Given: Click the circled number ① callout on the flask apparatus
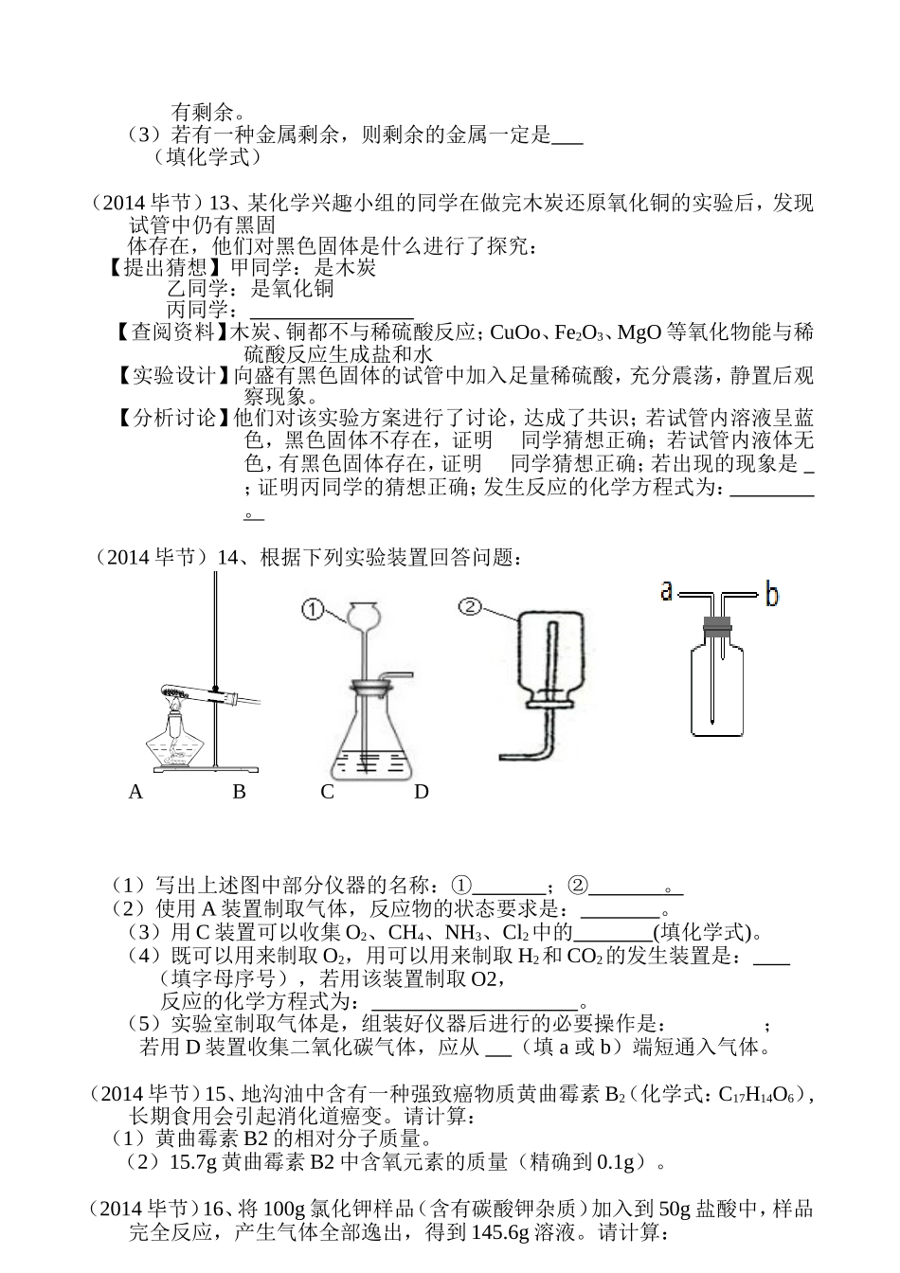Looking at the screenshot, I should tap(314, 609).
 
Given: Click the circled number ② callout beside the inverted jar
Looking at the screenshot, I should tap(471, 606).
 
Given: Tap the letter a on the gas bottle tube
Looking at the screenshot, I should tap(666, 592).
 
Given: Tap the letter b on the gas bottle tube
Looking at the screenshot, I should tap(772, 595).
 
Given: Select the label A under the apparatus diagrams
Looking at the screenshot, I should tap(135, 792).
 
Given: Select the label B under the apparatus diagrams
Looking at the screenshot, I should tap(239, 792).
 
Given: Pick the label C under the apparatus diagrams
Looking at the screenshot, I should tap(327, 792).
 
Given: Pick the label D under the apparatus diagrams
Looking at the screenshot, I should tap(422, 792).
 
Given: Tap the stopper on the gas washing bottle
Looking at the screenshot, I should tap(720, 624).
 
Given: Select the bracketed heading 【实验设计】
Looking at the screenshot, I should tap(174, 376).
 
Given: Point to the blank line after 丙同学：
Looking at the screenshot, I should tap(332, 312).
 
